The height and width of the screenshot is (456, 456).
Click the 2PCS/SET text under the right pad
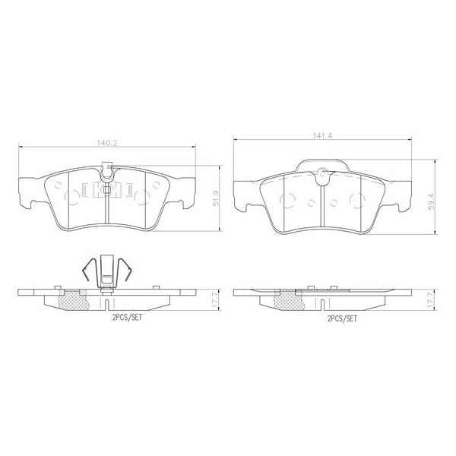point(340,319)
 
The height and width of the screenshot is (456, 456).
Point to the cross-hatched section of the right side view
point(287,301)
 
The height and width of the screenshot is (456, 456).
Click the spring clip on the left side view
point(106,270)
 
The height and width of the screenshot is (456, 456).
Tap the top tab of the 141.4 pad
point(323,166)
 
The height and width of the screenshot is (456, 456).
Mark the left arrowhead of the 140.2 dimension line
point(20,147)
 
